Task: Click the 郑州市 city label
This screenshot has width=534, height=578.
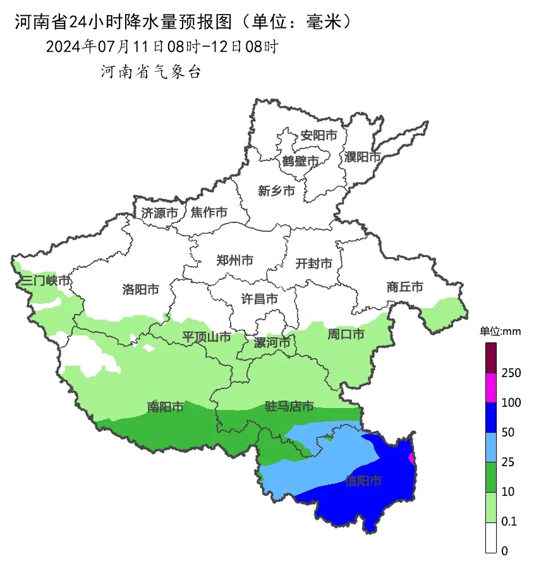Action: point(234,260)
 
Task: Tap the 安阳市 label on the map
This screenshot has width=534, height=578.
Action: point(319,135)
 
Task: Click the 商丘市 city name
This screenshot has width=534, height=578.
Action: point(404,287)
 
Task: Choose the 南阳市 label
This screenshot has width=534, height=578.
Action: point(165,407)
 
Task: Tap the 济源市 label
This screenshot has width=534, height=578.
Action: point(159,213)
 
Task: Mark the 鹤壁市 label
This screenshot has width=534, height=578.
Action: point(300,162)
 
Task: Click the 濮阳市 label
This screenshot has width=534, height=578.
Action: point(363,157)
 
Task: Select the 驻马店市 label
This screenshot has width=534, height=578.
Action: point(289,407)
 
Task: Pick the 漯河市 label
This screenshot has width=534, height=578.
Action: point(272,343)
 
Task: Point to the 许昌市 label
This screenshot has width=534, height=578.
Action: point(260,298)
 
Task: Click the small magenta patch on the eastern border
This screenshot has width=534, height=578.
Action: point(412,457)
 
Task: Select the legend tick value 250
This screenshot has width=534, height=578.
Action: point(511,373)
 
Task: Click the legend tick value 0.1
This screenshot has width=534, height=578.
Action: point(509,522)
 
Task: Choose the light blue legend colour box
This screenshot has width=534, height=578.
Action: point(491,447)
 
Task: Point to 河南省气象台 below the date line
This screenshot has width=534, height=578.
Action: point(150,72)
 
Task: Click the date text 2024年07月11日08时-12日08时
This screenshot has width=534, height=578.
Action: point(162,47)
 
